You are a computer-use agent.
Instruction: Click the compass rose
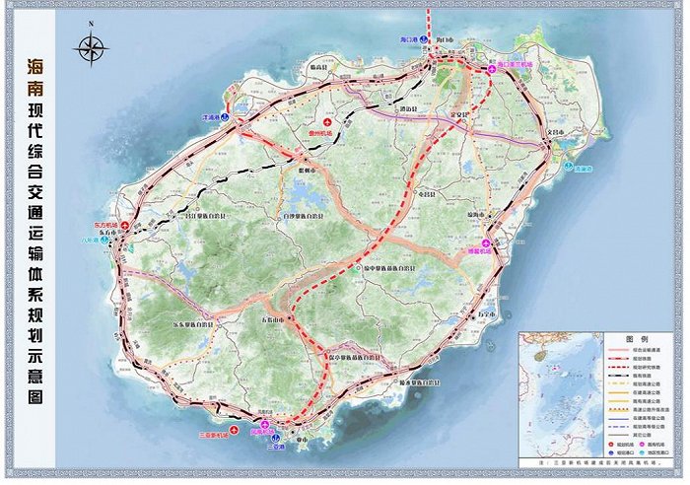(x=92, y=46)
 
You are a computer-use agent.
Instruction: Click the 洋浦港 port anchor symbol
(x=224, y=116)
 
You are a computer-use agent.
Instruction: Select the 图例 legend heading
(x=560, y=338)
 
